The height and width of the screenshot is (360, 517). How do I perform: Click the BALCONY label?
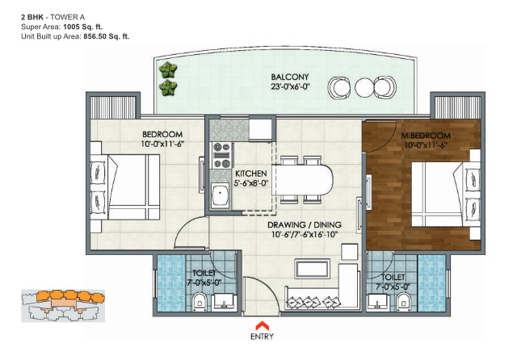coord(290,77)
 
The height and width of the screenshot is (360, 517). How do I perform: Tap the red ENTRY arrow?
coord(262,325)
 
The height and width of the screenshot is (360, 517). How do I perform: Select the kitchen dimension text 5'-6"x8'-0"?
coord(251,183)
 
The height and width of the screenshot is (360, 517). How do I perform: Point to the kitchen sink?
coord(221,195)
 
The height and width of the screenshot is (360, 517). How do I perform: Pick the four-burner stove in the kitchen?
coord(221,155)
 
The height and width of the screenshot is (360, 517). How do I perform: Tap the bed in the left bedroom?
coord(126,186)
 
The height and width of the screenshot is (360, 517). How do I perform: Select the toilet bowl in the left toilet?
coord(200,301)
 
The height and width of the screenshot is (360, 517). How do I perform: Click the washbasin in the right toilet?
coord(377,302)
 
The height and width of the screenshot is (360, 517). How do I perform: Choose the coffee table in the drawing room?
coord(313,269)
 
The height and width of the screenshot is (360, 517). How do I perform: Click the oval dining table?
coord(304,179)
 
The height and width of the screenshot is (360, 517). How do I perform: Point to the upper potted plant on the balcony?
coord(168,69)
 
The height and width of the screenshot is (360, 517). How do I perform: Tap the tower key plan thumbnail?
coord(63,305)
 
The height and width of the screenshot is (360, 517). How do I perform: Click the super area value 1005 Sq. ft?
coord(82,27)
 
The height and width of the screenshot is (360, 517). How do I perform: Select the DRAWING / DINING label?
coord(305,224)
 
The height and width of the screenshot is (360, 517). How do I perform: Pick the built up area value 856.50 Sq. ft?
coord(107,36)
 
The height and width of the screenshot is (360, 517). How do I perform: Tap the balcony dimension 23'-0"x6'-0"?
coord(290,86)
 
